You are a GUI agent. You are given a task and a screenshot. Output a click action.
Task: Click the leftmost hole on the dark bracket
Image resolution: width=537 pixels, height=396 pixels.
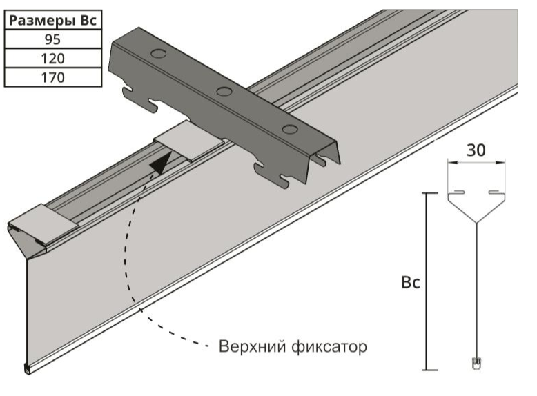point(157,53)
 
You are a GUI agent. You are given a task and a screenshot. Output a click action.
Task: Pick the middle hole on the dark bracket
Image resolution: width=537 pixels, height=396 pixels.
point(222,90)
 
